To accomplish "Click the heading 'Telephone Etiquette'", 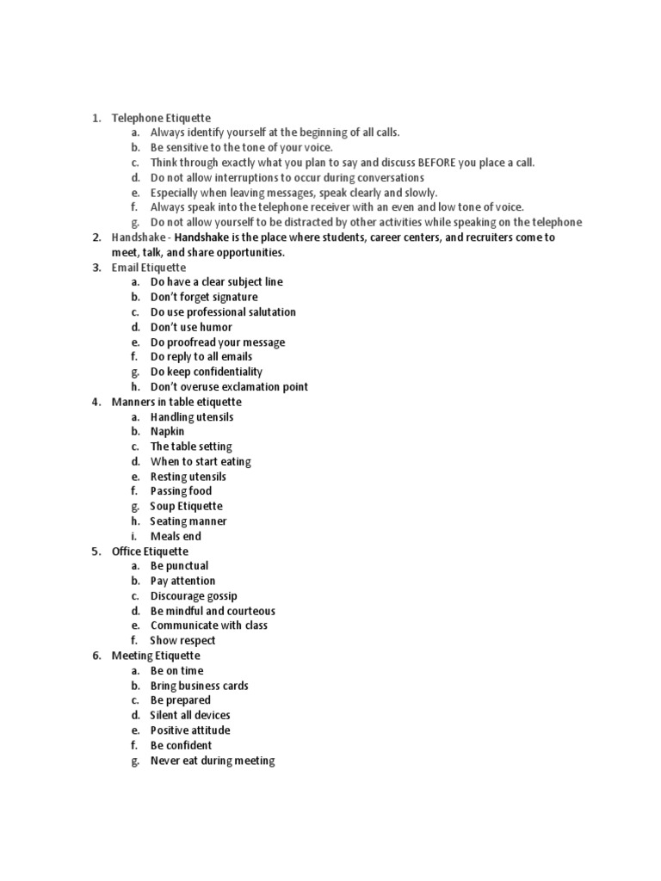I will [161, 118].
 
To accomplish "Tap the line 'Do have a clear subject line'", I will [216, 282].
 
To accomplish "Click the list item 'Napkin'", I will [167, 432].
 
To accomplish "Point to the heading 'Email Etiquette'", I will [148, 268].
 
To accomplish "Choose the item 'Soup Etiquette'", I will [186, 507].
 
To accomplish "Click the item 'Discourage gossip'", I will [194, 596].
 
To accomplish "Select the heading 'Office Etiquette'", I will [150, 551].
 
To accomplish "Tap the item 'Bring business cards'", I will [199, 686].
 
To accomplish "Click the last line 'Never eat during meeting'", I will [212, 761].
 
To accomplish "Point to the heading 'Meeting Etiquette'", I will [155, 656].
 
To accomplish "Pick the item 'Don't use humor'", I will [191, 327].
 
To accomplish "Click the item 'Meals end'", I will [176, 537].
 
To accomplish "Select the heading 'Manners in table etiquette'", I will [176, 402].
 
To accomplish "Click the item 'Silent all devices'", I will [190, 716].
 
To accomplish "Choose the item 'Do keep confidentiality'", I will [206, 372].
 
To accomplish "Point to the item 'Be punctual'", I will [179, 566].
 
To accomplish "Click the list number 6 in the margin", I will [96, 656].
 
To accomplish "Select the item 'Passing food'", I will [181, 491].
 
